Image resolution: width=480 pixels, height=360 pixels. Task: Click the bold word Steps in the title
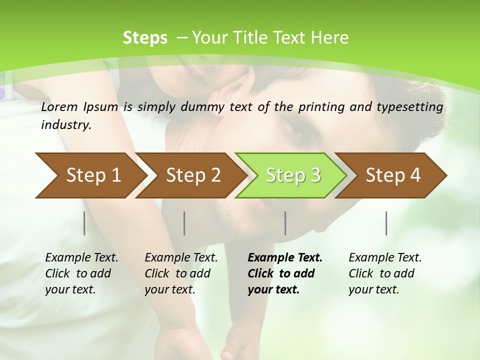(x=145, y=37)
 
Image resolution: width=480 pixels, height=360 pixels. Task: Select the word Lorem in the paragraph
(x=59, y=106)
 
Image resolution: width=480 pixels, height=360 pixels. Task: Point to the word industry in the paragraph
(x=66, y=124)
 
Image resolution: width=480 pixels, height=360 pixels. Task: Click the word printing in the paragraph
(x=321, y=106)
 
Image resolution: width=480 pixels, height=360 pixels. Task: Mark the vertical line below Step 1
(x=84, y=223)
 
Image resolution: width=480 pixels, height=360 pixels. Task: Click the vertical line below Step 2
(x=184, y=223)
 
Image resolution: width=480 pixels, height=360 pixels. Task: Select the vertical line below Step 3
(x=285, y=223)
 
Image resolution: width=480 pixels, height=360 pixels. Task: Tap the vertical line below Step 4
(x=386, y=223)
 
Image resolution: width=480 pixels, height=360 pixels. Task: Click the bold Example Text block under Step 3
(x=285, y=273)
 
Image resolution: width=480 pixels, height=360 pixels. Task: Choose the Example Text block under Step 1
(x=81, y=273)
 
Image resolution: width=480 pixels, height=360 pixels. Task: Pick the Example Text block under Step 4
(x=385, y=273)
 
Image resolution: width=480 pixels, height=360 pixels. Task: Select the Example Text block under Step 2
(x=181, y=273)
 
